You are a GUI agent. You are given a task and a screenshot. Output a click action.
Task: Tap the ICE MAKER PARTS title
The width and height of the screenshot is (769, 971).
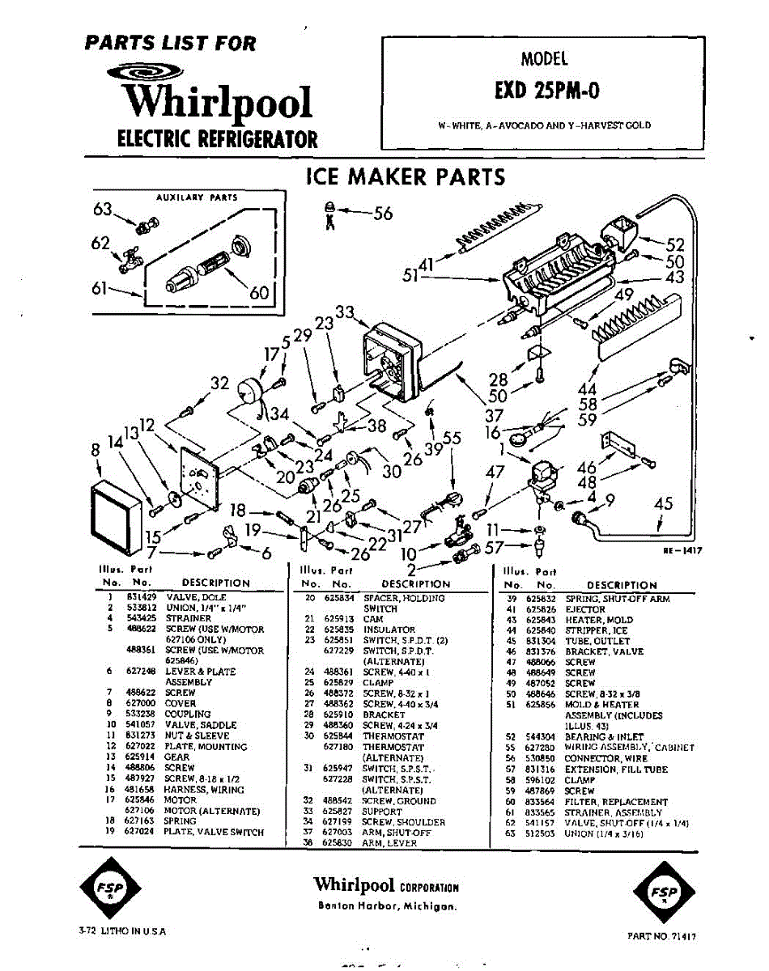405,177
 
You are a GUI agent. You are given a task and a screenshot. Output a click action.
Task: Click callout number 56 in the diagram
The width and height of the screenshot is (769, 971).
382,213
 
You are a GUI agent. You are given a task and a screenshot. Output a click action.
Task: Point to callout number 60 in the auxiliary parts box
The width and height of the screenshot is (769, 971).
259,292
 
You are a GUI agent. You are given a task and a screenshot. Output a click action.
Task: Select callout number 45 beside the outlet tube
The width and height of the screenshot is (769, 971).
664,504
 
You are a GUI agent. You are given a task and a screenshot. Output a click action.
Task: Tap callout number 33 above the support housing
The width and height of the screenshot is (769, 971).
346,312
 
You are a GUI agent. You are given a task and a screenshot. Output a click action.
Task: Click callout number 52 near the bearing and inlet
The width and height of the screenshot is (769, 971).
675,245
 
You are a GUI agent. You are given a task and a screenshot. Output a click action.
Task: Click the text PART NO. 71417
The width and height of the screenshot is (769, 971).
662,935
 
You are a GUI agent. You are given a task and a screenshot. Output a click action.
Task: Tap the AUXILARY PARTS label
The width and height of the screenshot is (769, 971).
197,197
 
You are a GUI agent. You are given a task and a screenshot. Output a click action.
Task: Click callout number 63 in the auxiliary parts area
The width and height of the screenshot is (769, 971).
103,210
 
